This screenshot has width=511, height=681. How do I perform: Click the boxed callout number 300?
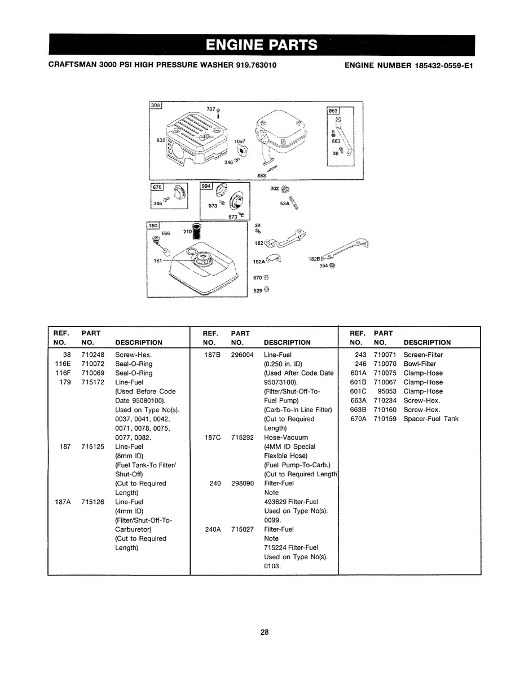(x=155, y=105)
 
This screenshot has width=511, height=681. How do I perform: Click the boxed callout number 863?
(x=333, y=111)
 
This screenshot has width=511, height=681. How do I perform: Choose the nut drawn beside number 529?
(x=267, y=290)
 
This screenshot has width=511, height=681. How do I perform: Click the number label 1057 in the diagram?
(x=239, y=142)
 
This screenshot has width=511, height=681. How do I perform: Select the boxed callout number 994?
(x=206, y=185)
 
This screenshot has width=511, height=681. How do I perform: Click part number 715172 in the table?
(x=92, y=382)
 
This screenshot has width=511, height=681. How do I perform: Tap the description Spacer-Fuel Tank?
(x=431, y=419)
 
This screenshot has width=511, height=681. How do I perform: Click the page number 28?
(x=265, y=632)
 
